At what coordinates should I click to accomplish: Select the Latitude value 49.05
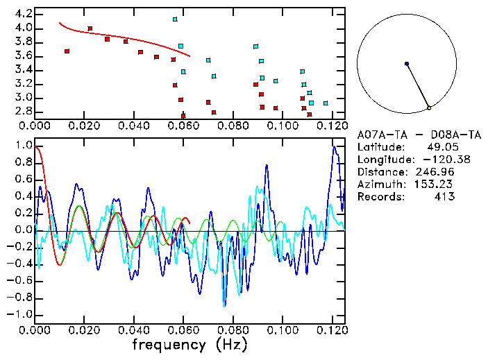[441, 147]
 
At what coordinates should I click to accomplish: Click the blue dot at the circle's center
[407, 64]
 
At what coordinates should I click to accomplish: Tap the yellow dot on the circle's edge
[430, 108]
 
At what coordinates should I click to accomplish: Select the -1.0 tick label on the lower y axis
[21, 314]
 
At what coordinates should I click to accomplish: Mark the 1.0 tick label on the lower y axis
[23, 146]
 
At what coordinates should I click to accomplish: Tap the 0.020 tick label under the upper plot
[85, 126]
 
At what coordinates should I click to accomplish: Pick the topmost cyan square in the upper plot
[175, 19]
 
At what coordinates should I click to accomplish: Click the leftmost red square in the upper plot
[67, 51]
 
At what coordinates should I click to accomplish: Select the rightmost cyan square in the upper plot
[326, 103]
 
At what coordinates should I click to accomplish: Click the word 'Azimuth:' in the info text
[379, 185]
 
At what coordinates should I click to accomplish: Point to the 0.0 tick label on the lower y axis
[23, 230]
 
